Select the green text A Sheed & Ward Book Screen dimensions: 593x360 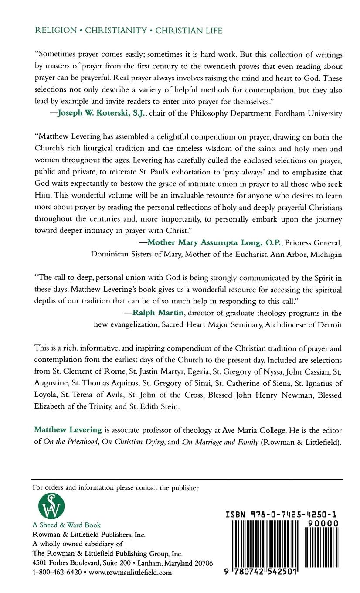click(x=67, y=525)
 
